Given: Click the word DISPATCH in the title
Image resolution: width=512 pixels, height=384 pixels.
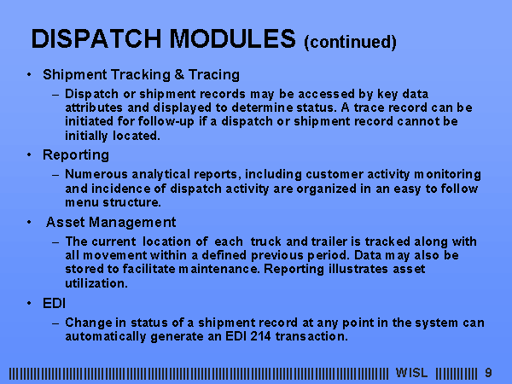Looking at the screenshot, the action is pos(96,39).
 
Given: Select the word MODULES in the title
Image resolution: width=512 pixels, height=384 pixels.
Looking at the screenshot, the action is pos(232,39).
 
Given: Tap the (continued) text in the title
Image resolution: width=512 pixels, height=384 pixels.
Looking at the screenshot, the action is pos(350,42).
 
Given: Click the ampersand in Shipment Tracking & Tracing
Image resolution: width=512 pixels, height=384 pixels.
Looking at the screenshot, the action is pos(179,74).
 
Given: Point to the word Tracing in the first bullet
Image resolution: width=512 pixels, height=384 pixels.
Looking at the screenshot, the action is pos(214,75).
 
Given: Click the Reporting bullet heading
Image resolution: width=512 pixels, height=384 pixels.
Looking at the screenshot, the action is pos(76,154).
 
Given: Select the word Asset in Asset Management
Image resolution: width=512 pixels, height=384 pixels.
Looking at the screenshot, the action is pos(66,222).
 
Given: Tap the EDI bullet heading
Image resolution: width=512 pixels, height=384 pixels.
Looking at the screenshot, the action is pos(55,303).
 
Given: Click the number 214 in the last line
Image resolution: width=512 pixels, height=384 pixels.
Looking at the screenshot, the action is pos(260,336).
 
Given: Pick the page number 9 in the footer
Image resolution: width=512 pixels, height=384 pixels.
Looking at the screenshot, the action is pos(488,373).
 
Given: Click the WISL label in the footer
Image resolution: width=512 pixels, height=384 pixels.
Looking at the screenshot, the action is pos(411,373).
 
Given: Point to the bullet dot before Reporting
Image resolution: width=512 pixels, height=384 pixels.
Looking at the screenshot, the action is pos(29,154).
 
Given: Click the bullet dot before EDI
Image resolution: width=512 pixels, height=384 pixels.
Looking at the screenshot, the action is pos(29,303).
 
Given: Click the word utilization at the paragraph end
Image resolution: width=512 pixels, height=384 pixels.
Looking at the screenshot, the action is pos(96,282).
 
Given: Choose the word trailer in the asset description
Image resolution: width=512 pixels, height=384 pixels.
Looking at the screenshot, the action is pos(329,241).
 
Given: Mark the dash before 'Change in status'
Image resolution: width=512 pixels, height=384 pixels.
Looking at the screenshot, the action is pos(55,323).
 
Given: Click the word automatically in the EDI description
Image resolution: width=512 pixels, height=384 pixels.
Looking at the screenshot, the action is pos(106,336).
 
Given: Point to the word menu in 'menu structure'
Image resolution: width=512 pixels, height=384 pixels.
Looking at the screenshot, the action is pos(82,202).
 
